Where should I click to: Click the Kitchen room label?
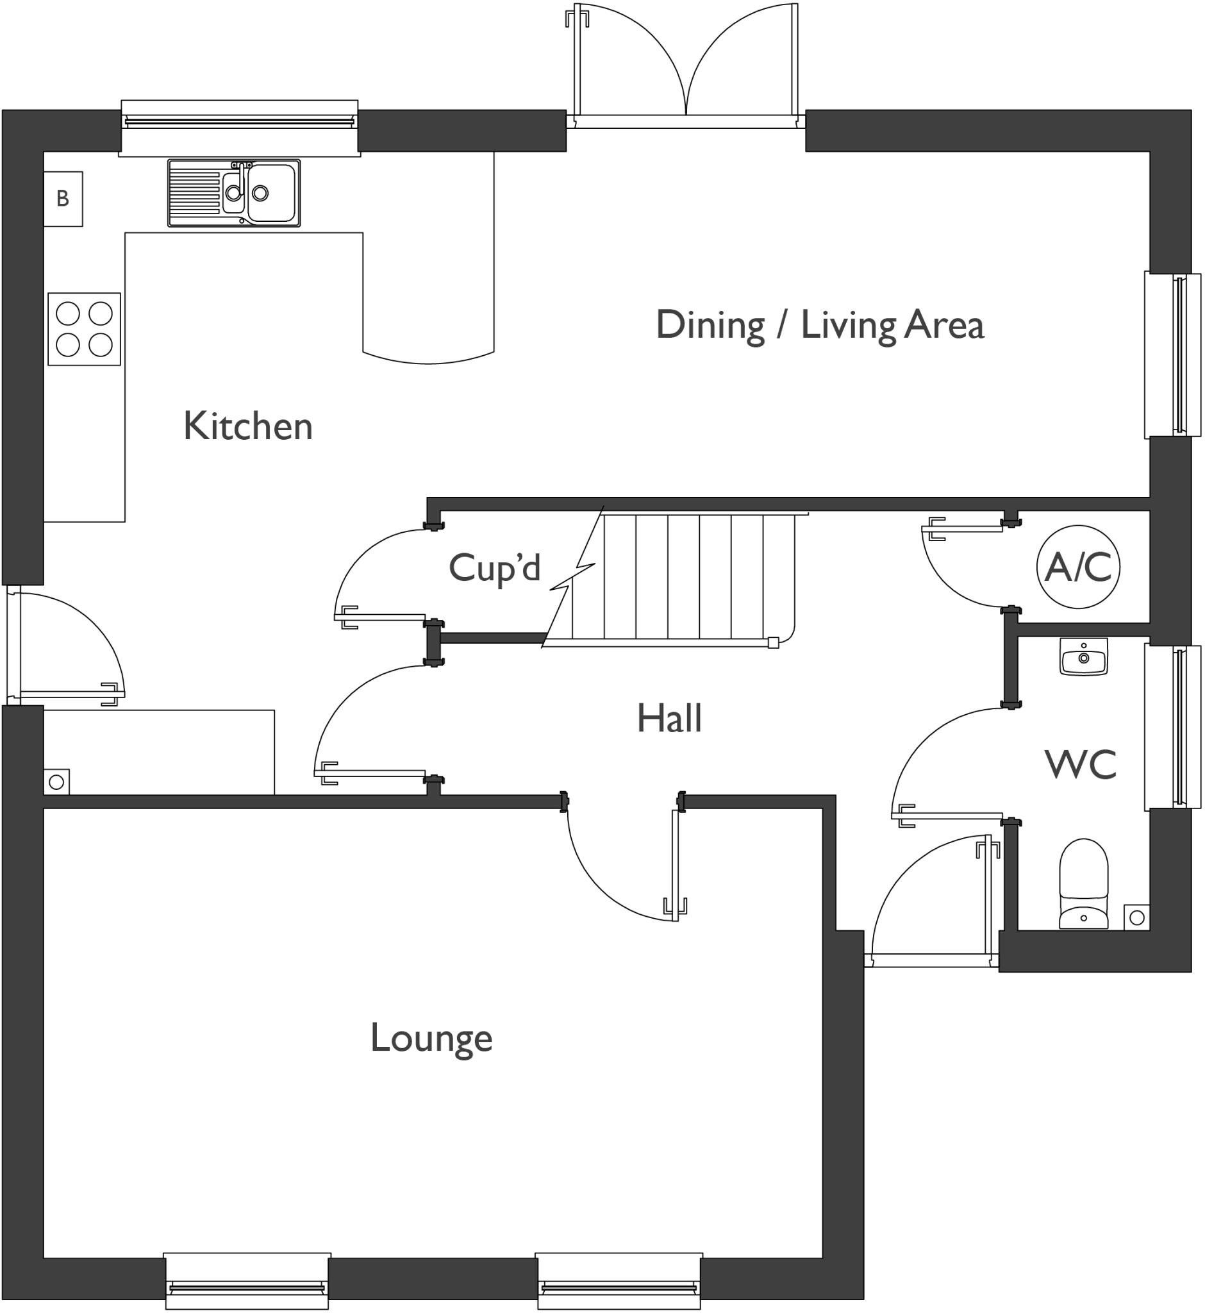click(248, 426)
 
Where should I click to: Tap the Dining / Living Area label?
click(820, 325)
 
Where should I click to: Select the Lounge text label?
click(431, 1038)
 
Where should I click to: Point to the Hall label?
click(669, 718)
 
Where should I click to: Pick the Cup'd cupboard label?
click(494, 567)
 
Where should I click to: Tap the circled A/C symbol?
click(1078, 566)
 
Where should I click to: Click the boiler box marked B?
click(63, 199)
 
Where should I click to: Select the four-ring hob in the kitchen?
click(84, 329)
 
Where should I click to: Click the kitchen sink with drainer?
click(234, 193)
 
